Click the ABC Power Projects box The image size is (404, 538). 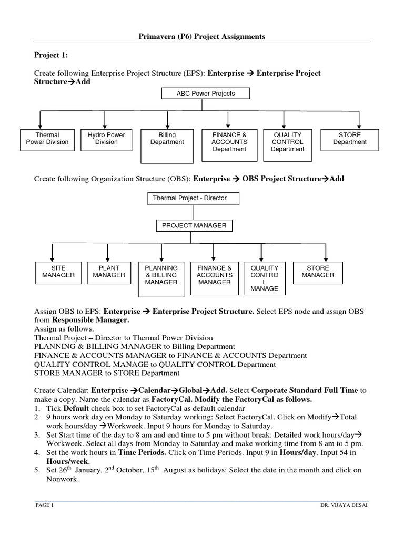206,94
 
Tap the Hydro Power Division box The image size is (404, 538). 106,139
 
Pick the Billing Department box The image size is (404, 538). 167,146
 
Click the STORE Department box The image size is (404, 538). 350,139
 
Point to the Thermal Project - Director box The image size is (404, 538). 194,199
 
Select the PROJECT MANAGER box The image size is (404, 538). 194,226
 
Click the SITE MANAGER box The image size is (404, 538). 58,272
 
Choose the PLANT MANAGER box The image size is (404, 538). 108,272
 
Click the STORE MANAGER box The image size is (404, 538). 318,272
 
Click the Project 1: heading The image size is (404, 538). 51,55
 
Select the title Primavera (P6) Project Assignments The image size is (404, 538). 202,36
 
